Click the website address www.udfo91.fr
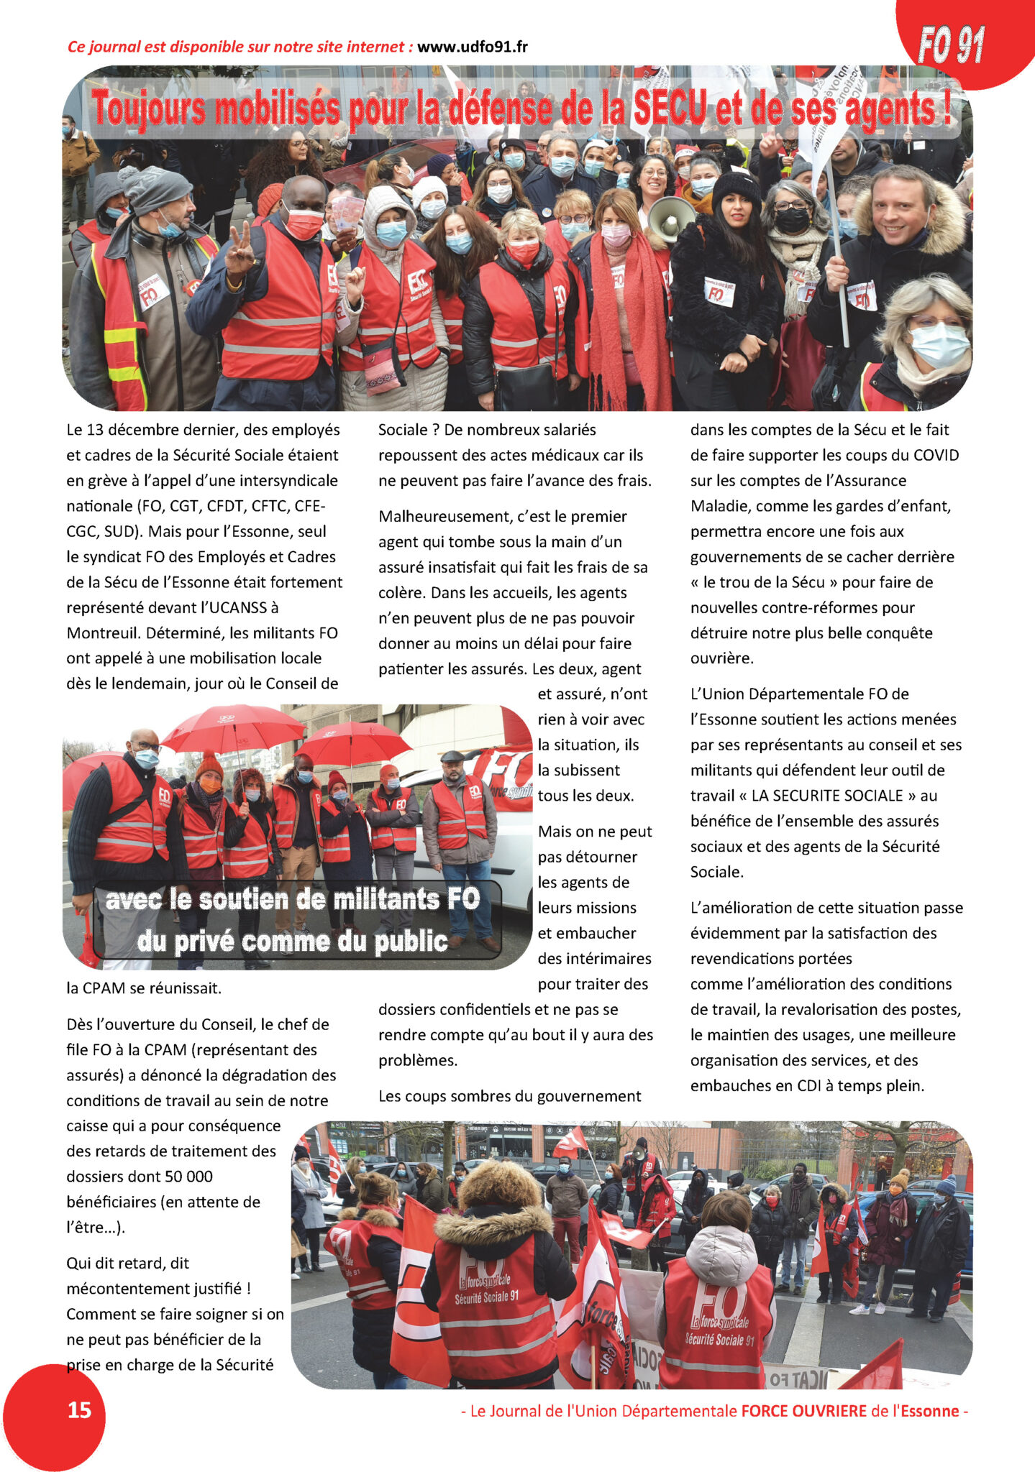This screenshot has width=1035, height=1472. [472, 47]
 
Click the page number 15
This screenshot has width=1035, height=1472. [79, 1409]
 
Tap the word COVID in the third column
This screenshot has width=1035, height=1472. [936, 455]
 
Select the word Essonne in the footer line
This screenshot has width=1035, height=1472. [927, 1410]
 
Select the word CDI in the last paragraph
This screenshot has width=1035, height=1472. [809, 1085]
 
